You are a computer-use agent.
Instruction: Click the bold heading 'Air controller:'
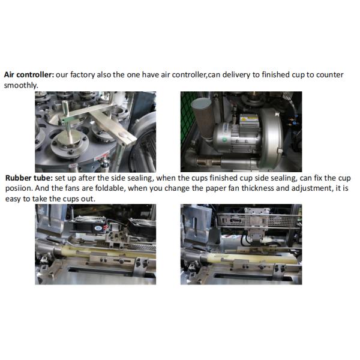point(29,75)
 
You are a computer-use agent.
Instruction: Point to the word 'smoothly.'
point(21,85)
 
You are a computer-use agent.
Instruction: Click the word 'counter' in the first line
point(329,75)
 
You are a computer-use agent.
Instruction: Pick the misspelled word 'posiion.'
point(19,188)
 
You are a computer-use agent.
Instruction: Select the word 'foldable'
point(110,188)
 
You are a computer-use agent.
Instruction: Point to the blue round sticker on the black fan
point(98,228)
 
